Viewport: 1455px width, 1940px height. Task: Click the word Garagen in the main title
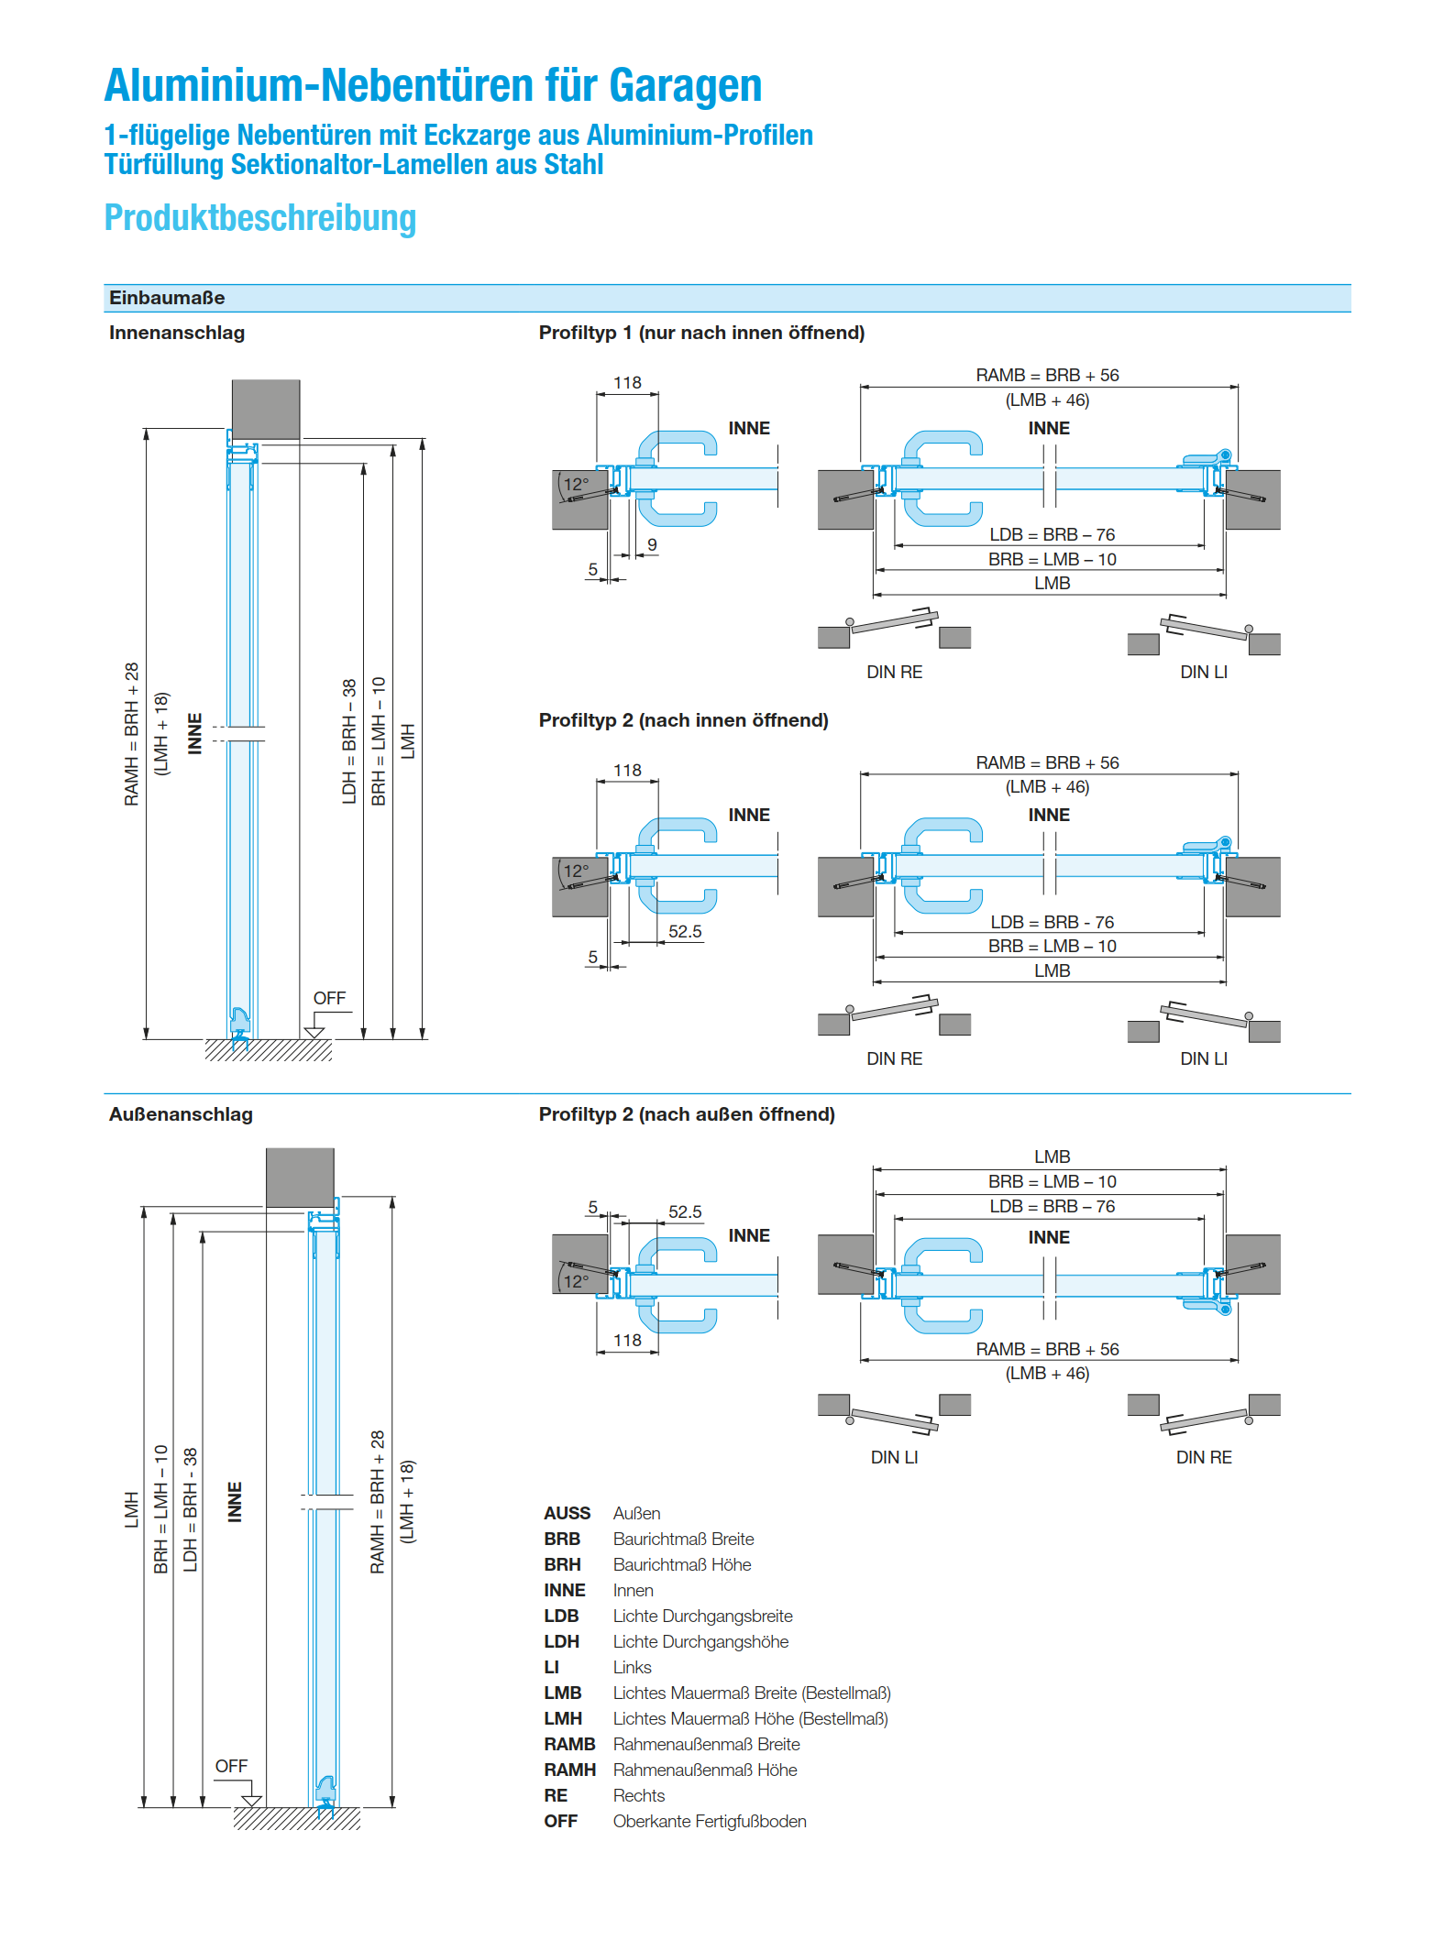click(x=685, y=86)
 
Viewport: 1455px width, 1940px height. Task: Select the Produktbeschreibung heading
click(x=260, y=218)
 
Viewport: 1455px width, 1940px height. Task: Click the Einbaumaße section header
click(x=167, y=298)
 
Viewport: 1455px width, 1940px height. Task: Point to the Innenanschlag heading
click(x=177, y=333)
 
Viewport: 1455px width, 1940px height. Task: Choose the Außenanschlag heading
click(x=181, y=1114)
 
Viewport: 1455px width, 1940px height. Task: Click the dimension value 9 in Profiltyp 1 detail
click(x=652, y=544)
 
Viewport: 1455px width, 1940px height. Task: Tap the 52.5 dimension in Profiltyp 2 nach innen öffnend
click(x=685, y=931)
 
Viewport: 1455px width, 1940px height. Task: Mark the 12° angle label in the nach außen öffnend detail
click(x=576, y=1281)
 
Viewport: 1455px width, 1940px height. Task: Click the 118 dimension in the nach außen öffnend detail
click(x=627, y=1340)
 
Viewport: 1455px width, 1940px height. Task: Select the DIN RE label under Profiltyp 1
click(x=894, y=672)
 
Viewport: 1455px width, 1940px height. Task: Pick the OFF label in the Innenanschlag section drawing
click(x=329, y=998)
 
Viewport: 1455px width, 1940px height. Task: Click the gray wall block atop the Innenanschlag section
click(x=266, y=410)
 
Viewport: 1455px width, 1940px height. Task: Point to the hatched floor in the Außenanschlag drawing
click(x=297, y=1818)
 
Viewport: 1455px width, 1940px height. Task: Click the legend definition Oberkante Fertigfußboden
click(x=710, y=1821)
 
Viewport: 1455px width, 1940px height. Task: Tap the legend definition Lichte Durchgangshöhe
click(x=700, y=1641)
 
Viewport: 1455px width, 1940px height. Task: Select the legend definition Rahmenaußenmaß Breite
click(x=706, y=1744)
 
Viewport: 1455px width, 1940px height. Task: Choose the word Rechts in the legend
click(x=639, y=1795)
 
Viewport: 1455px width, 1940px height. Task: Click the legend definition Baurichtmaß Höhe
click(x=682, y=1564)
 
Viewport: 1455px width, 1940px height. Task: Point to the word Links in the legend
click(x=633, y=1667)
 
